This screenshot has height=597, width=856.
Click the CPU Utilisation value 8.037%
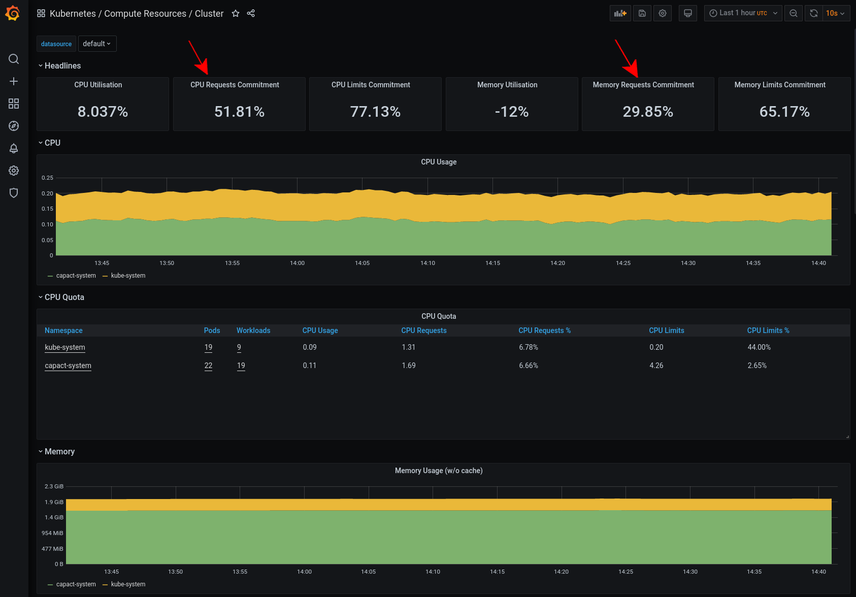tap(103, 112)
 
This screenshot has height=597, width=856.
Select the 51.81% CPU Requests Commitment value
tap(239, 112)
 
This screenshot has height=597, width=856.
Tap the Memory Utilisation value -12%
tap(512, 112)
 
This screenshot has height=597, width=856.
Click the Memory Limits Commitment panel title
tap(779, 85)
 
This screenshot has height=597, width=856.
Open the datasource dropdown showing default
tap(97, 44)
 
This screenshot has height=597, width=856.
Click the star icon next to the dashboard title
tap(236, 14)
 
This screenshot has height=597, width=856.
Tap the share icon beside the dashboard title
tap(251, 14)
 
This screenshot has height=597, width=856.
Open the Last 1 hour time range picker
tap(743, 13)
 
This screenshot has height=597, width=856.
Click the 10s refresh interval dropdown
tap(835, 13)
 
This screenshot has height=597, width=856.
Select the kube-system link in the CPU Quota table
tap(65, 347)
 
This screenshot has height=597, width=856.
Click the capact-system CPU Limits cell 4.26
tap(656, 366)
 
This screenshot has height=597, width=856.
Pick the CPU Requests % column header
tap(544, 330)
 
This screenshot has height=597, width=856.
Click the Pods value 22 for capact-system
tap(208, 366)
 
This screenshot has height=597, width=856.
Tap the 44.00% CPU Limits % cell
tap(759, 347)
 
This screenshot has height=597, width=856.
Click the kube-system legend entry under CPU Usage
tap(128, 276)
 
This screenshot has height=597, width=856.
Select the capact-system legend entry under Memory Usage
tap(76, 584)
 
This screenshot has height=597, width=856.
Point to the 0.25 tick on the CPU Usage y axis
tap(47, 178)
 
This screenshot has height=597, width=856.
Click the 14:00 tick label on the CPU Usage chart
tap(297, 263)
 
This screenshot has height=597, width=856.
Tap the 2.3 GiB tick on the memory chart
tap(54, 486)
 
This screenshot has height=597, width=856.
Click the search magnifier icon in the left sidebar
tap(14, 59)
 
